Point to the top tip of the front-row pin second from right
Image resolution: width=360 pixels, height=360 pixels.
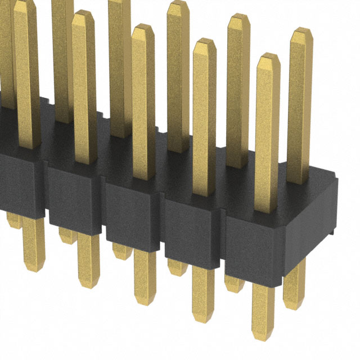204,42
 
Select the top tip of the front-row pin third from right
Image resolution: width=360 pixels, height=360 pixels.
143,27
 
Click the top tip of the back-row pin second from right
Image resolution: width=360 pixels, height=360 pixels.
239,16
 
